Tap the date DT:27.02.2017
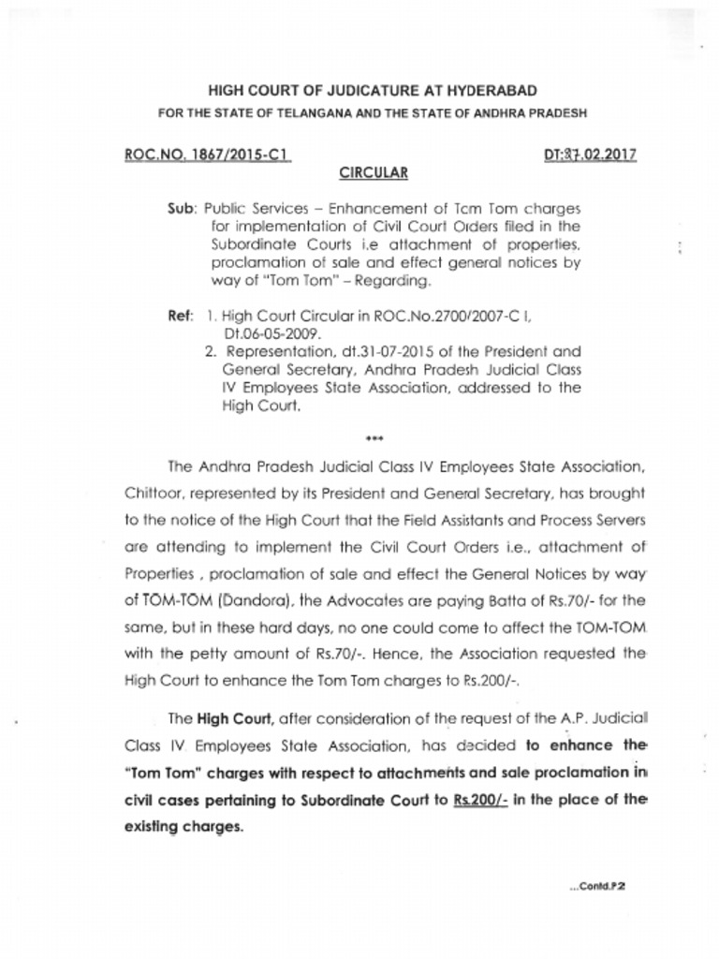(590, 155)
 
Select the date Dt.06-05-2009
(271, 332)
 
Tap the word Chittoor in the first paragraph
(151, 492)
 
